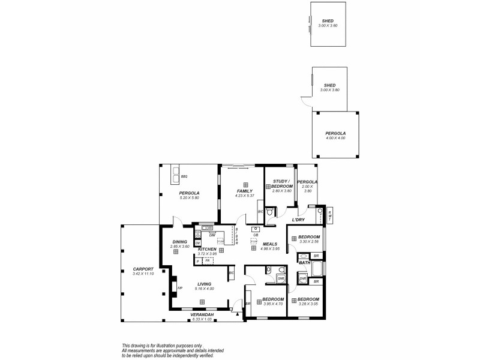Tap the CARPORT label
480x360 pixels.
[143, 269]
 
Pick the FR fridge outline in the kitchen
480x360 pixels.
[208, 261]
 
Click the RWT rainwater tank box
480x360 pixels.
[329, 215]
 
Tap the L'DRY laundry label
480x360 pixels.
[299, 220]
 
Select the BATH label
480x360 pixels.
[304, 263]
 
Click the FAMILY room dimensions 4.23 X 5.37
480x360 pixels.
[245, 196]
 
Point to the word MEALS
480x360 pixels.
[269, 244]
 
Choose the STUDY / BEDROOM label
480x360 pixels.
[281, 184]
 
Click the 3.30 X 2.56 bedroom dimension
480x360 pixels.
[309, 241]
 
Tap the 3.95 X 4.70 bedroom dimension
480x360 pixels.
[273, 304]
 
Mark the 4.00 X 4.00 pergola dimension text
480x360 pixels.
[336, 139]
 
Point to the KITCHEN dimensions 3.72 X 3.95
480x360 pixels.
[207, 253]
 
